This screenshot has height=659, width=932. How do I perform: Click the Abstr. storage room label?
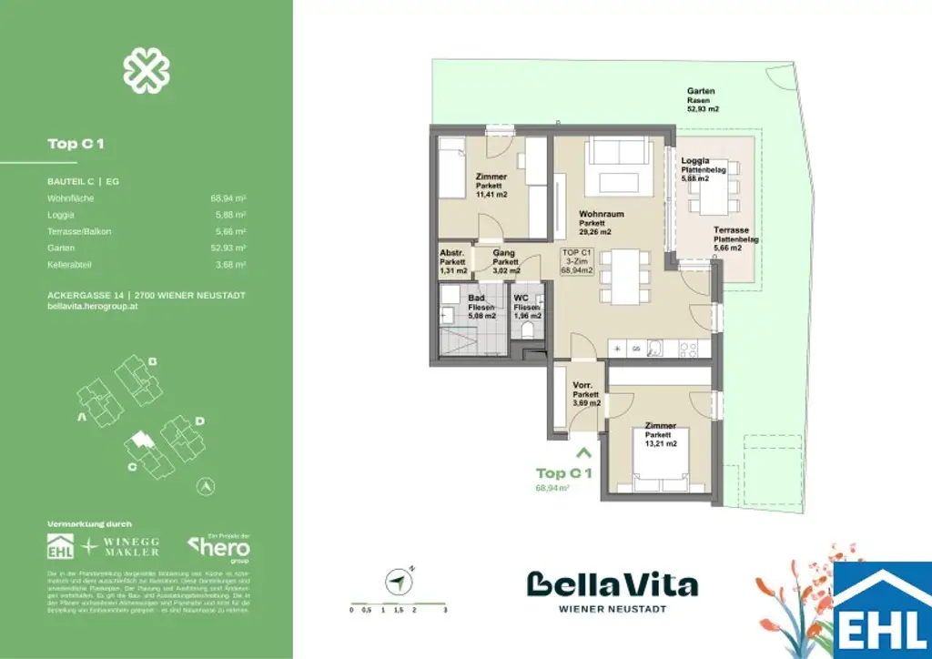point(453,261)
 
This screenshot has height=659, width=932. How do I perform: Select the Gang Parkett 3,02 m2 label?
point(506,261)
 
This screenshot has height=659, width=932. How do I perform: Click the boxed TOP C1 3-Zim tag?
point(578,261)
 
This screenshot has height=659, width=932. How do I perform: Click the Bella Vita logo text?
point(612,585)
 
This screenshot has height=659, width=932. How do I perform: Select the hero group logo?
point(218,548)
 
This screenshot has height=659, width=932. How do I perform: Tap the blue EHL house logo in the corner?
point(882,610)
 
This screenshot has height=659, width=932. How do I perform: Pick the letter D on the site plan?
point(199,421)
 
